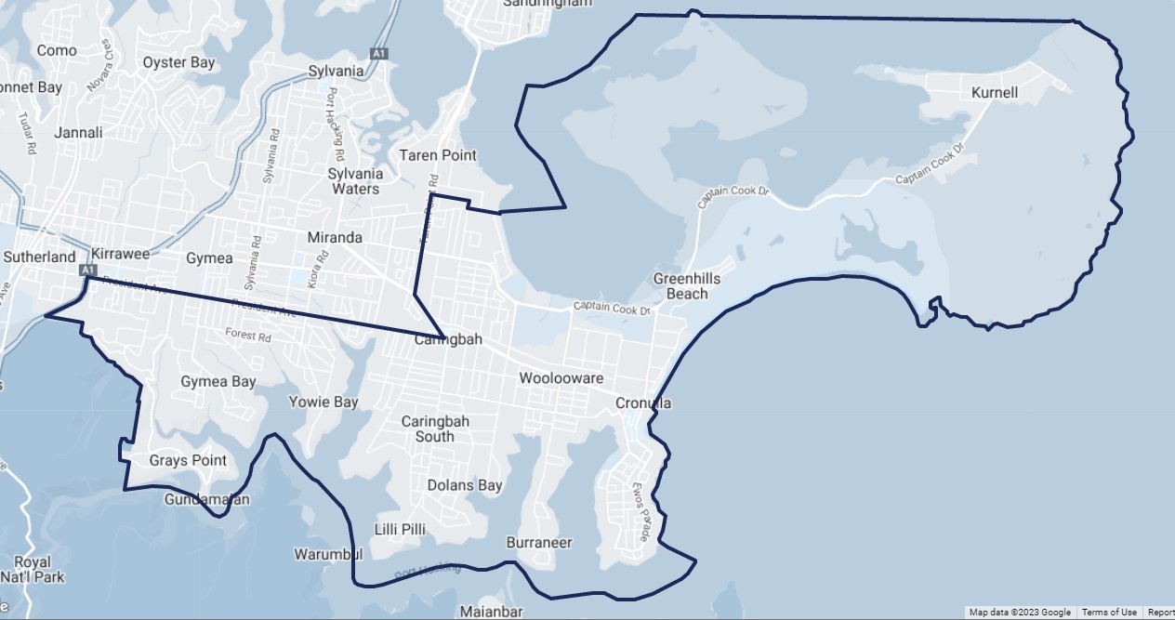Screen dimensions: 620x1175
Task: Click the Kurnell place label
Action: (994, 93)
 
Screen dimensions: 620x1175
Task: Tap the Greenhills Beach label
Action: (687, 286)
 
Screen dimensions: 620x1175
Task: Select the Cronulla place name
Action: (643, 403)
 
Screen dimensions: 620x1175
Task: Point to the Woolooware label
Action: (561, 378)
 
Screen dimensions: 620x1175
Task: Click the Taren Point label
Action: (438, 155)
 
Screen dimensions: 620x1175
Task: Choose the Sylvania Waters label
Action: (355, 181)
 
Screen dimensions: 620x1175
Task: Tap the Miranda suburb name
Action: (335, 238)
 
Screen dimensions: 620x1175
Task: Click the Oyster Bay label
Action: (178, 63)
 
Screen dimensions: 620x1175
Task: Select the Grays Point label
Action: (188, 460)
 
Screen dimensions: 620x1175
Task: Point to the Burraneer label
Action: (539, 542)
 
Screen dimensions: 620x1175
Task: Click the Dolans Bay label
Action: (465, 485)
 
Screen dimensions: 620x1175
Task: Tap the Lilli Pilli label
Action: (400, 529)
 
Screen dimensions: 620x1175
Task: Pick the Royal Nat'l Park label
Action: (33, 570)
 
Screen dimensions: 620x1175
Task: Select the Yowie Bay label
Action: (323, 402)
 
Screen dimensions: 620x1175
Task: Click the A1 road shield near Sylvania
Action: (378, 54)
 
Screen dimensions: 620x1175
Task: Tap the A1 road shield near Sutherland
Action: (89, 270)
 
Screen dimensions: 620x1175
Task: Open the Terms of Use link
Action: (1109, 613)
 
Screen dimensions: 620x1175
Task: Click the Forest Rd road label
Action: (247, 334)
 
